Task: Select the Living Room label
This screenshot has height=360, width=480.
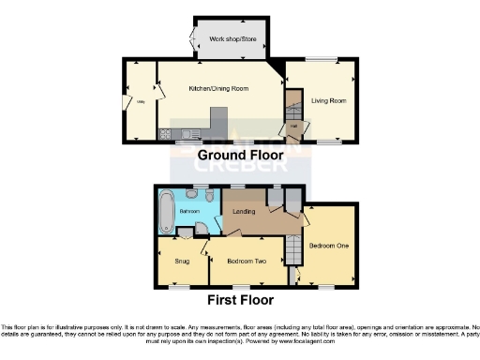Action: [329, 100]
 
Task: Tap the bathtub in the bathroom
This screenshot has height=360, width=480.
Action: [167, 210]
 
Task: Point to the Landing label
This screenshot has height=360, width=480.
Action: [246, 212]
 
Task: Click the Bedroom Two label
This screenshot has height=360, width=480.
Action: [246, 262]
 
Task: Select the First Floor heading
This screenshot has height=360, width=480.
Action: [240, 300]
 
